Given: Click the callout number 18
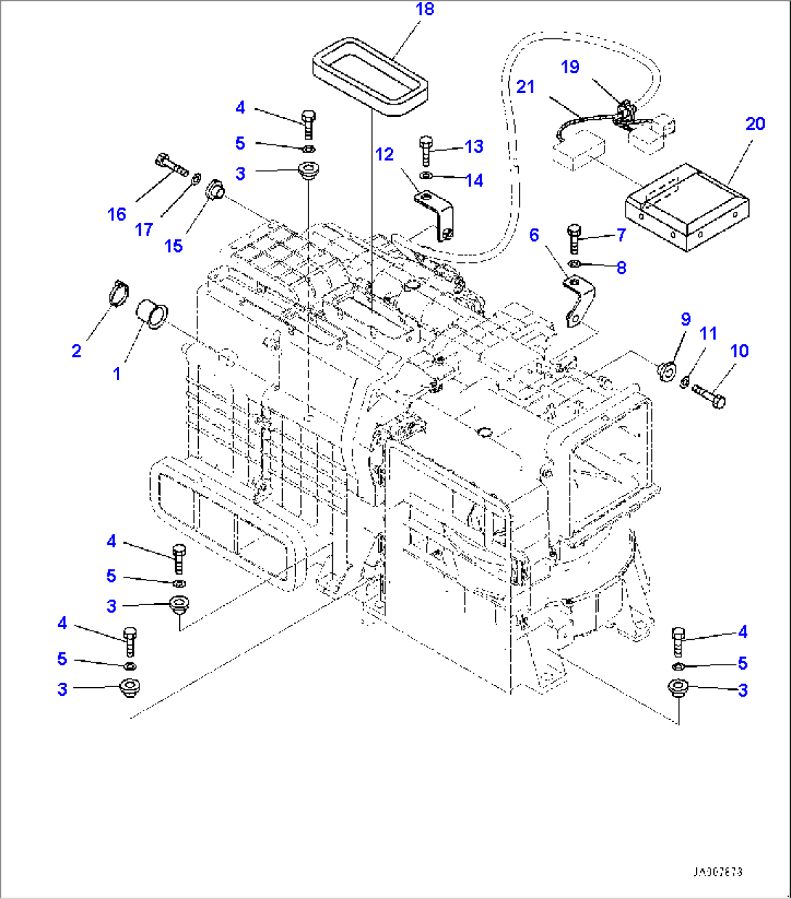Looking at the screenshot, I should [x=425, y=10].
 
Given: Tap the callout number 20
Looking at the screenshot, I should [x=755, y=123].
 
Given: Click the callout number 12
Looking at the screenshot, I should [x=384, y=154].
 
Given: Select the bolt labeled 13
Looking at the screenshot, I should [x=425, y=151].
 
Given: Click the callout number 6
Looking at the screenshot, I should [x=534, y=235].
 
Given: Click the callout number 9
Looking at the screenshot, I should [x=685, y=319].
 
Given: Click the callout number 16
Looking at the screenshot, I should [x=117, y=214].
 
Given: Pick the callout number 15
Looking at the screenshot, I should [x=173, y=246].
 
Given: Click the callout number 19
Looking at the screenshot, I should [x=570, y=67].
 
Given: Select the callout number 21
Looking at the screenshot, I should [x=525, y=87].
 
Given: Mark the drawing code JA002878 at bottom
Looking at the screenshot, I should [x=717, y=871].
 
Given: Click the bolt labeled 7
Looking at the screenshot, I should [x=573, y=237].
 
